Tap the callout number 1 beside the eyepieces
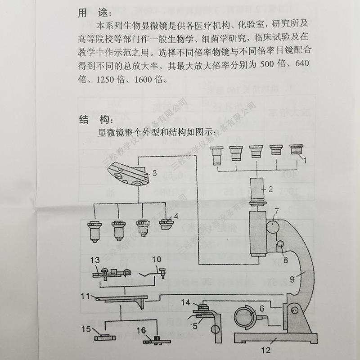coord(304,159)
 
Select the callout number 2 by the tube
coord(270,189)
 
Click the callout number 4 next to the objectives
coord(176,216)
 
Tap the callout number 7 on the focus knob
coord(277,210)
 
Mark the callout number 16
coord(141,331)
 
